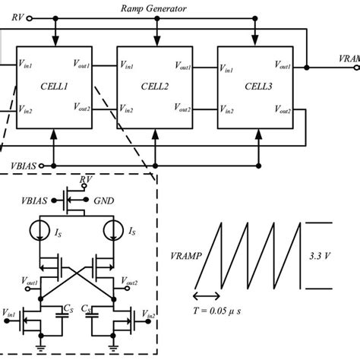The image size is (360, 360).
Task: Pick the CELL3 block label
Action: tap(256, 87)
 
